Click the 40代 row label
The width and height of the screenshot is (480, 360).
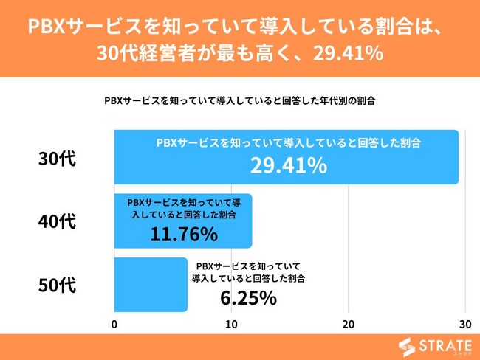[57, 221]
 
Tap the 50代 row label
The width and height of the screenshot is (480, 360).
[57, 285]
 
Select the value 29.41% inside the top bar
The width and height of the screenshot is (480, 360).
[288, 166]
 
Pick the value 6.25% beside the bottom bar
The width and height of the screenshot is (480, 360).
[248, 298]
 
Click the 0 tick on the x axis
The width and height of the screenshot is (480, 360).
[114, 325]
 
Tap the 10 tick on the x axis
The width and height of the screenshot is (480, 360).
[231, 325]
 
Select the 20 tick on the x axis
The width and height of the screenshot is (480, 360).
[349, 325]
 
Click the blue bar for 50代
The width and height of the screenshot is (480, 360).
[151, 285]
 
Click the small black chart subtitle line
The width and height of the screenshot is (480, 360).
[240, 100]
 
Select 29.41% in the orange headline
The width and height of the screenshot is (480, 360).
[346, 54]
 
